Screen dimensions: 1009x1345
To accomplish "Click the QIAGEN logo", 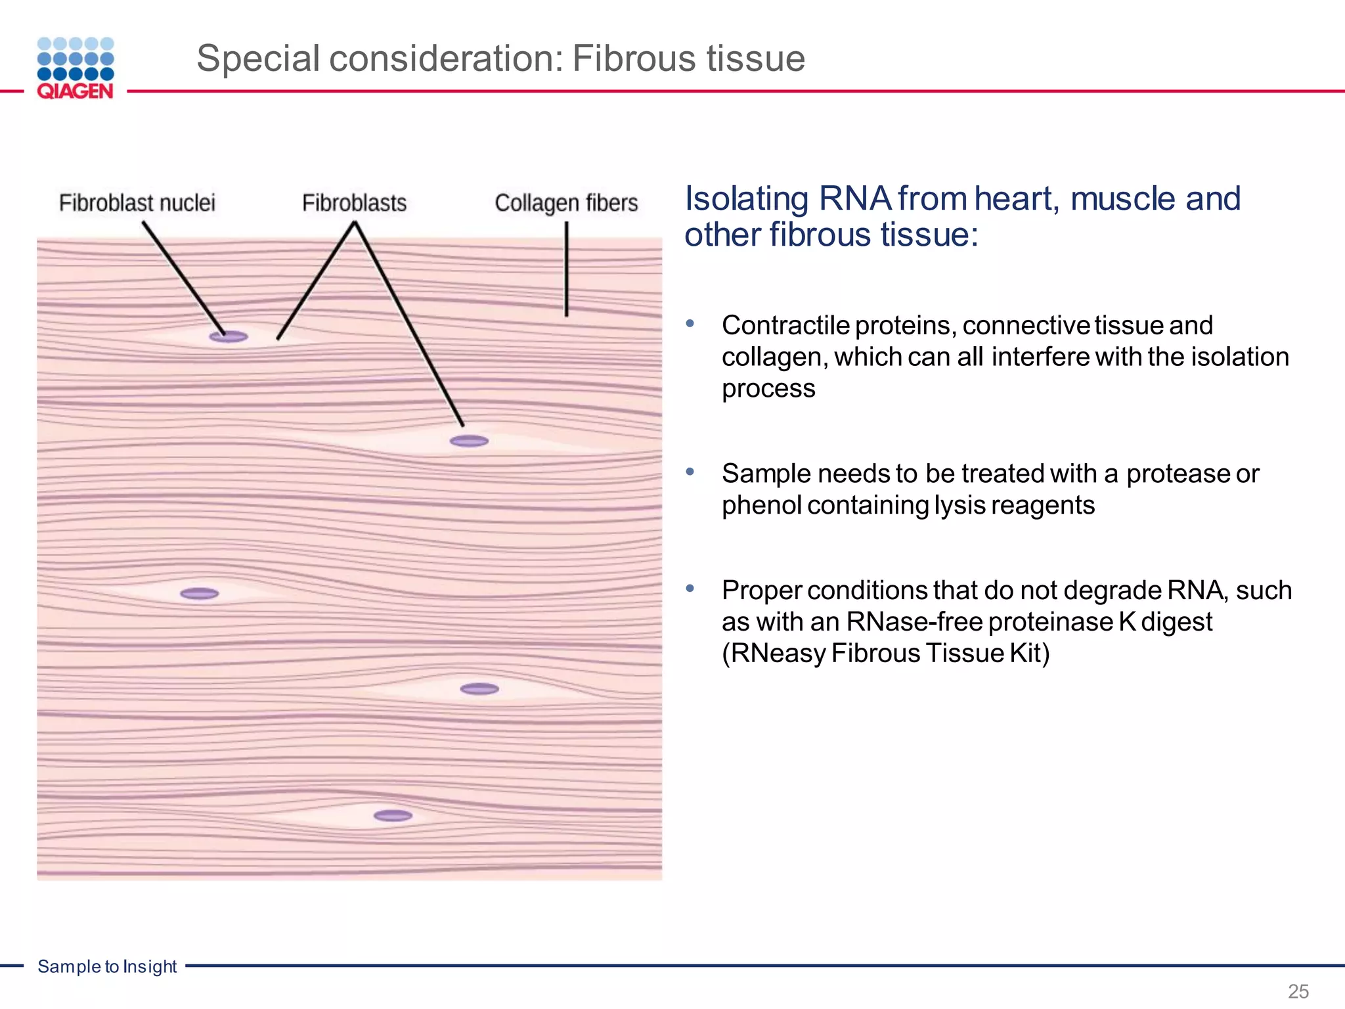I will click(x=76, y=68).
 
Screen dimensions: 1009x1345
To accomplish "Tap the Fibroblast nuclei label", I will click(x=137, y=203).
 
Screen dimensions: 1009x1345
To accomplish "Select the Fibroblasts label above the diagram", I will click(x=354, y=203).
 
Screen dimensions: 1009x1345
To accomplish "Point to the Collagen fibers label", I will click(x=566, y=203).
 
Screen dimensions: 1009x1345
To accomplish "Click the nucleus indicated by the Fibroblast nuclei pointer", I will click(x=229, y=337).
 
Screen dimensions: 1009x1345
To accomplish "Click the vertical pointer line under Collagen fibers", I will click(x=567, y=269).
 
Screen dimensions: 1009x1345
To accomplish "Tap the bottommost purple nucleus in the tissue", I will click(x=393, y=816).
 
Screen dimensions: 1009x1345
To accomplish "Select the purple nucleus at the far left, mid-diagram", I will click(x=200, y=594).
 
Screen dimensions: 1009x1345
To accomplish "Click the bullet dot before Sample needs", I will click(x=690, y=472).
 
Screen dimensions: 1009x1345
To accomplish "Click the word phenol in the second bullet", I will click(x=762, y=505).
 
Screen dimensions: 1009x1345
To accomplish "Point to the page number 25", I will click(x=1298, y=991).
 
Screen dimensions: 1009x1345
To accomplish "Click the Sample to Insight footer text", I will click(x=107, y=966).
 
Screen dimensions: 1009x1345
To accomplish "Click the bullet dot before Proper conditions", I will click(x=690, y=589).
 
